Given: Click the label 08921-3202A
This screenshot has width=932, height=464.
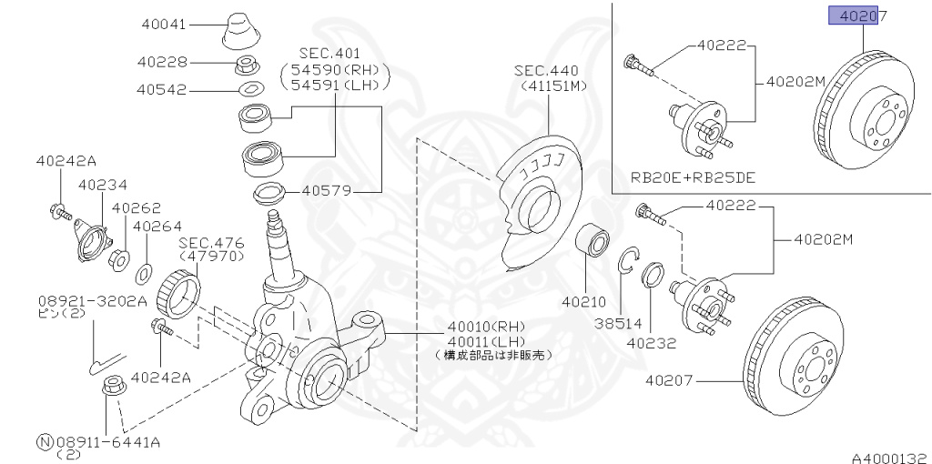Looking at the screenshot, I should pyautogui.click(x=92, y=300).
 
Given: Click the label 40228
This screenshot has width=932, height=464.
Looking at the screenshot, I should pyautogui.click(x=164, y=62).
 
